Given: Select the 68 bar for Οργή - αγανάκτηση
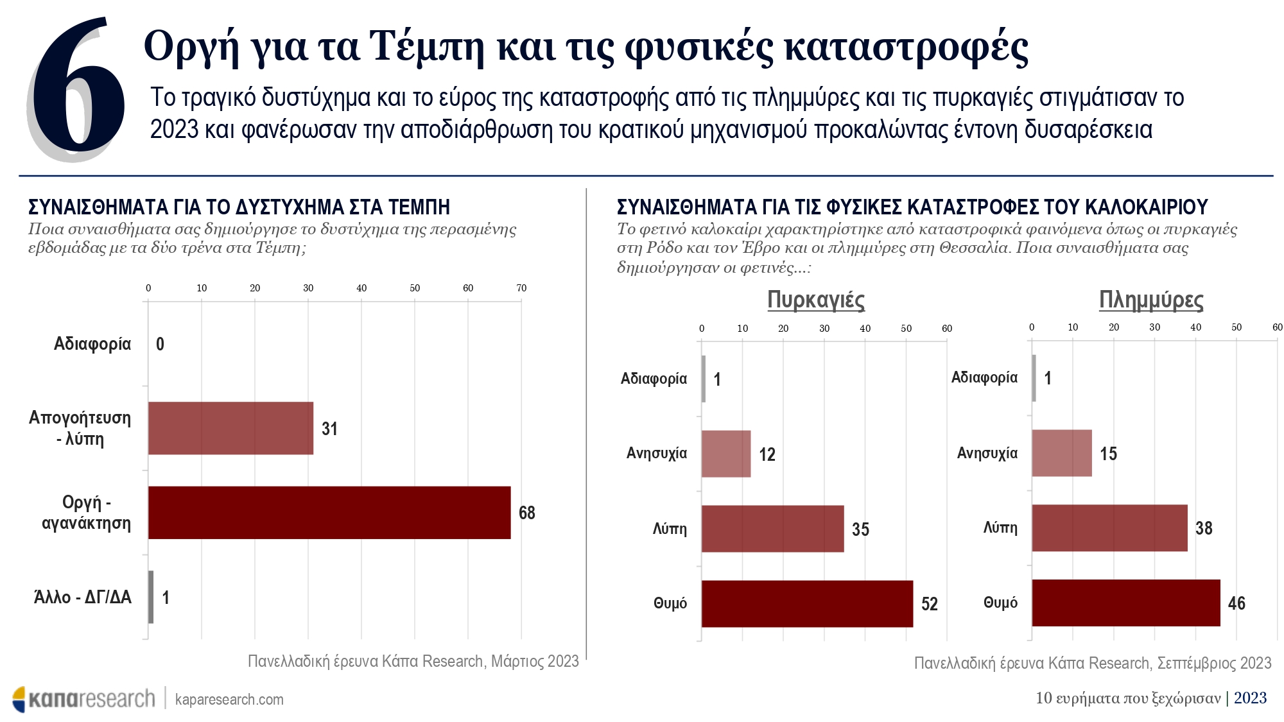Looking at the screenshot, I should [329, 512].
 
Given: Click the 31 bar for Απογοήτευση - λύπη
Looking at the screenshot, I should [230, 428].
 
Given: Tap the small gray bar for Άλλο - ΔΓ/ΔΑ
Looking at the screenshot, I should [151, 597].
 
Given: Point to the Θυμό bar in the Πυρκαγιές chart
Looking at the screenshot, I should [807, 603].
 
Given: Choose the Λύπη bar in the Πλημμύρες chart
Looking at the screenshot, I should [1109, 528].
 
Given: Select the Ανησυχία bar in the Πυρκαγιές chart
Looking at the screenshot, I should [725, 454].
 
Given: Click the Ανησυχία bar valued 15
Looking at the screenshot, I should [1061, 453].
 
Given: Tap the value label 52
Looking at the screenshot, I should [929, 604].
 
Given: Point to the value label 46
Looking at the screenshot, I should [1236, 603].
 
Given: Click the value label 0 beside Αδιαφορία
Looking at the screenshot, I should [160, 345].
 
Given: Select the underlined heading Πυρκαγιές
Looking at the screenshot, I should [815, 300].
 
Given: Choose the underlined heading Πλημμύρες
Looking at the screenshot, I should [1150, 300].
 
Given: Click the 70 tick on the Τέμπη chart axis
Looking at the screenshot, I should [521, 288].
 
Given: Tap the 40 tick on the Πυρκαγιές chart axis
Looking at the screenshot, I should [865, 329].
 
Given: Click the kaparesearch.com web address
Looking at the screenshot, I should [229, 700].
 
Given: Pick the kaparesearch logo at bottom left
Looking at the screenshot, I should [83, 698].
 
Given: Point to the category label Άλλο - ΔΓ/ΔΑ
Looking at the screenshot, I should [82, 597].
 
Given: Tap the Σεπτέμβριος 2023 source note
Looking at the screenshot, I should [1092, 663].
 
